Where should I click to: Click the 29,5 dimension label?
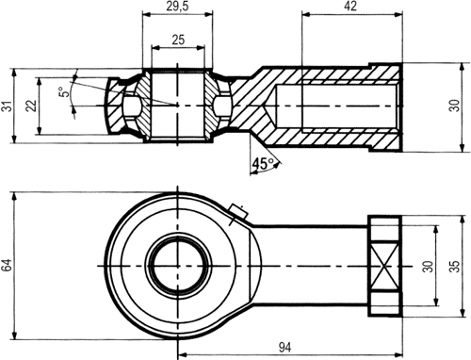[177, 7]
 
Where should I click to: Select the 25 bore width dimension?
[178, 40]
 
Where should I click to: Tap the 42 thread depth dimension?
[350, 6]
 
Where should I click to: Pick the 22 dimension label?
[31, 106]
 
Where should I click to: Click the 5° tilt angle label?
[65, 92]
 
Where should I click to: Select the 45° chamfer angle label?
[263, 163]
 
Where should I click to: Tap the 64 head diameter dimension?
[7, 265]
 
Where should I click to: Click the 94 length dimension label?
[284, 347]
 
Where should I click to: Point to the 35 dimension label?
[455, 266]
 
